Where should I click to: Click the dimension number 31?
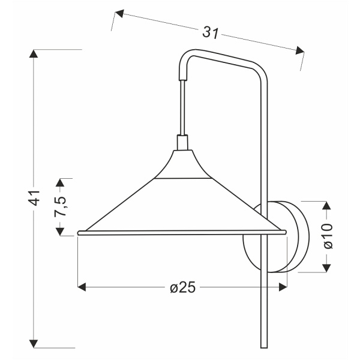tap(211, 33)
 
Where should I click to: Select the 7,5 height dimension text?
tap(60, 206)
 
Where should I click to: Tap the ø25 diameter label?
tap(183, 287)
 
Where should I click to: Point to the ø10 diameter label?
tap(328, 236)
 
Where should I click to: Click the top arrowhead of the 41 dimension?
tap(34, 53)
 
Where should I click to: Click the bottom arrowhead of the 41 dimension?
tap(34, 344)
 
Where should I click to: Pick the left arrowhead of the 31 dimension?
tap(119, 14)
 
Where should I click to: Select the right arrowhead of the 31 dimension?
tap(300, 50)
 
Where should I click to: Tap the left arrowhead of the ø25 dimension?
tap(82, 287)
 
